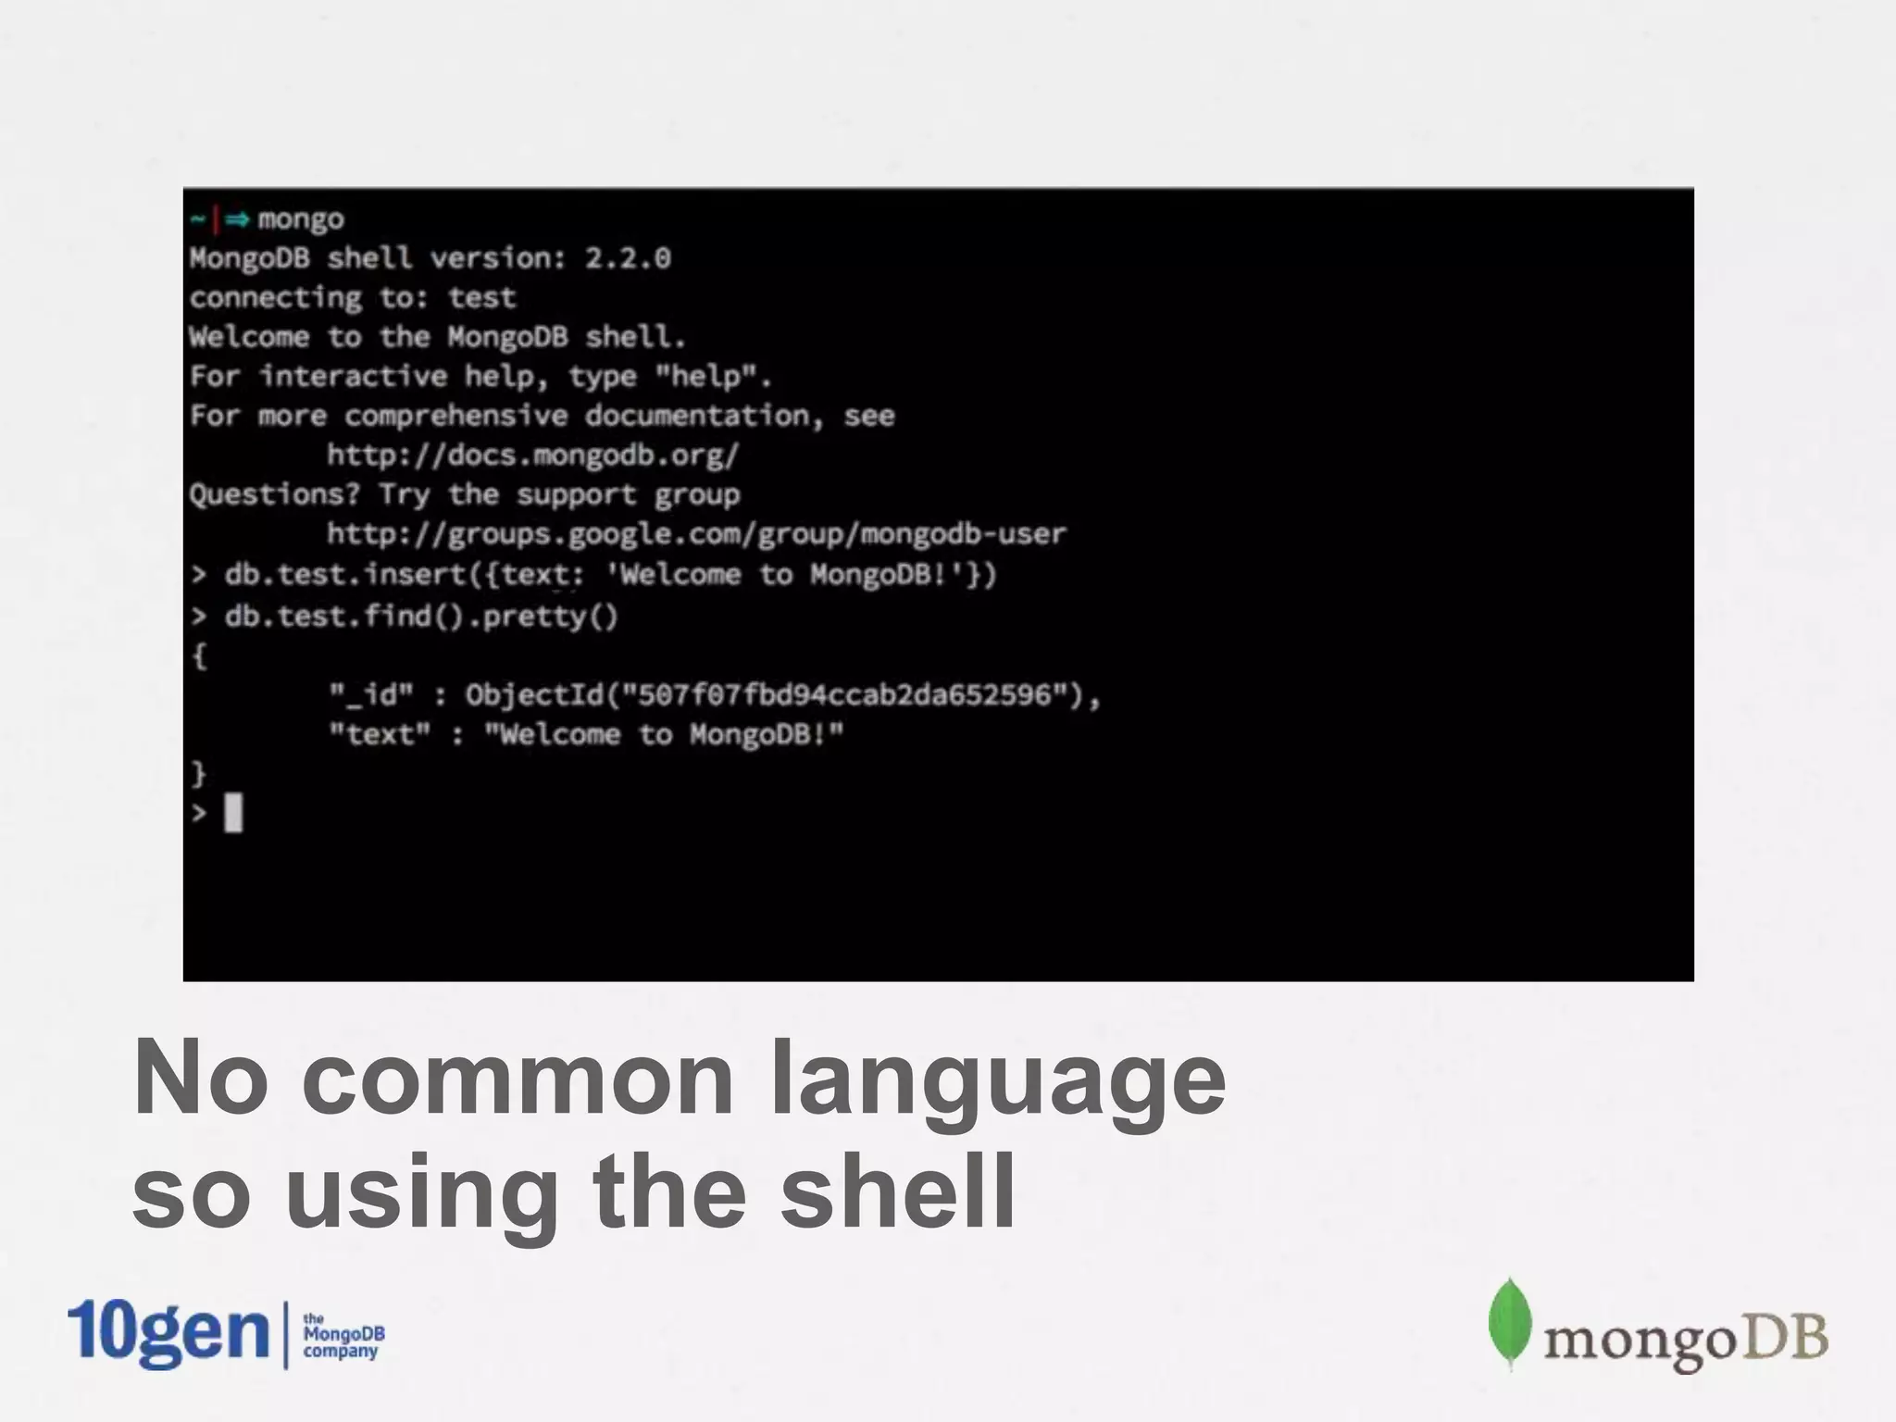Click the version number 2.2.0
pos(628,258)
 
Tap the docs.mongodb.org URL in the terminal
pos(532,455)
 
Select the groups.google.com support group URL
pos(696,534)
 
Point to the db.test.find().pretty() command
pos(420,617)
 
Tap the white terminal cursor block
pos(233,813)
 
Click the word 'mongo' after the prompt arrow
pos(301,219)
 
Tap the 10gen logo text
pos(168,1332)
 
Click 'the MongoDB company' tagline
pos(343,1335)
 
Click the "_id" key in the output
pos(371,695)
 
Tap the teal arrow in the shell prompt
pos(238,219)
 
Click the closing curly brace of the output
pos(198,773)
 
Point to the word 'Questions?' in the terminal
pos(274,494)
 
